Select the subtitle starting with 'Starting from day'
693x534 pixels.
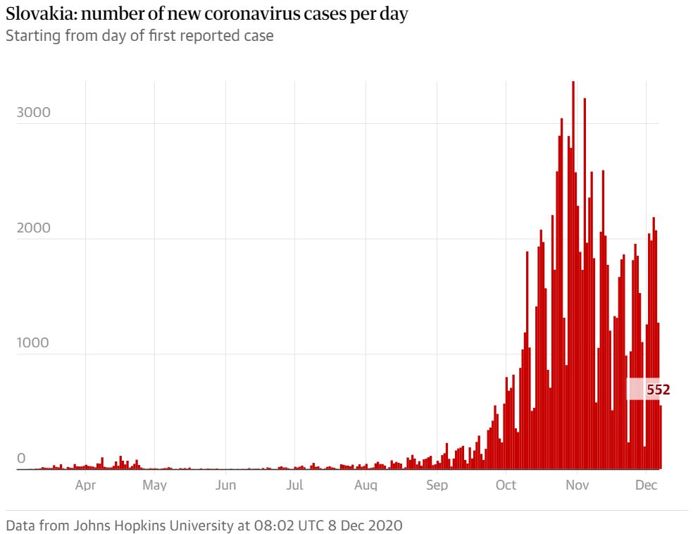[x=139, y=35]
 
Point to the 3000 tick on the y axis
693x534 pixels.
[x=34, y=113]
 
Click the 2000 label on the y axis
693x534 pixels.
[x=34, y=228]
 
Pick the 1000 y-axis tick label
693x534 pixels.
[x=34, y=343]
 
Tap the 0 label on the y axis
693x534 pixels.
[x=20, y=459]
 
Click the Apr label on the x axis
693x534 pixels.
[x=85, y=485]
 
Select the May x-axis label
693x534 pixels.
[x=154, y=485]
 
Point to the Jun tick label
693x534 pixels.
[x=225, y=485]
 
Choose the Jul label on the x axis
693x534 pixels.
[x=295, y=485]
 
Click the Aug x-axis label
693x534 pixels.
[x=366, y=485]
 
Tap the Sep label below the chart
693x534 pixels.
[x=437, y=485]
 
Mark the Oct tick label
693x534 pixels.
[x=506, y=485]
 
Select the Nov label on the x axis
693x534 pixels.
[x=577, y=485]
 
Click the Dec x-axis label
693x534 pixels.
[x=647, y=485]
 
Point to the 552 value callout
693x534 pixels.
[x=658, y=389]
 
